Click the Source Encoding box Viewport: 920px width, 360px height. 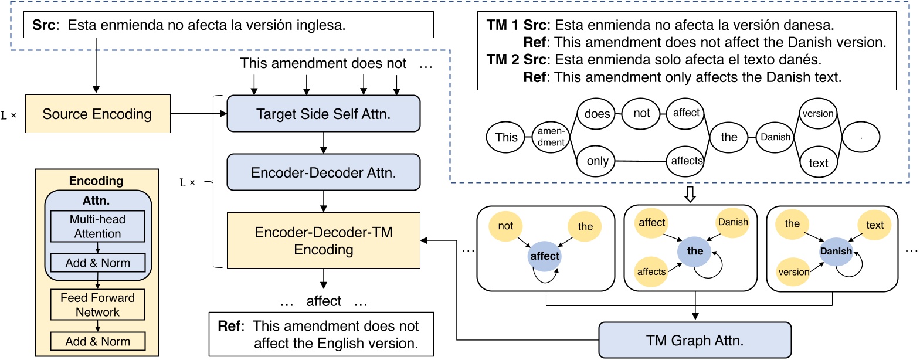click(x=97, y=114)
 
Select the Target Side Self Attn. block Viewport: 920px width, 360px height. click(x=323, y=114)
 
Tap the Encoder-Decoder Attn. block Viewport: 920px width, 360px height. click(x=323, y=172)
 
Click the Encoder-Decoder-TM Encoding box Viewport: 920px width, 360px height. click(x=323, y=240)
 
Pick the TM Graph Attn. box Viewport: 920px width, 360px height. click(x=694, y=340)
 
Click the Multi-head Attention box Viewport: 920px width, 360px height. click(x=97, y=226)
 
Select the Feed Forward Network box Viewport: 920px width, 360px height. click(x=97, y=305)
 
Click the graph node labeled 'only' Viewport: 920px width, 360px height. click(x=597, y=161)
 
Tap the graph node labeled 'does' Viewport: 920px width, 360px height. click(x=596, y=114)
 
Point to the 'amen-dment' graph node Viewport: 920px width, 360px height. click(x=551, y=137)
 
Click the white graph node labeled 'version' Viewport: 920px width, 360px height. click(x=817, y=114)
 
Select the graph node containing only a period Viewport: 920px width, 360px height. click(x=861, y=137)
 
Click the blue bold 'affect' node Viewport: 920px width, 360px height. click(x=545, y=256)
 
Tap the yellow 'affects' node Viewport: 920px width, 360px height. click(x=651, y=271)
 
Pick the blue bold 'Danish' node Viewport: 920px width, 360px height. click(x=836, y=252)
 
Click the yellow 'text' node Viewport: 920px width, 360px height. click(x=874, y=225)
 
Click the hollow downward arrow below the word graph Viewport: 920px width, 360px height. click(x=690, y=194)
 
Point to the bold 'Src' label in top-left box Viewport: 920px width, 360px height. click(x=44, y=25)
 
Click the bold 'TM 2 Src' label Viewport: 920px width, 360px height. click(x=516, y=60)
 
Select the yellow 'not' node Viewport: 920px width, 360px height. click(x=505, y=226)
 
